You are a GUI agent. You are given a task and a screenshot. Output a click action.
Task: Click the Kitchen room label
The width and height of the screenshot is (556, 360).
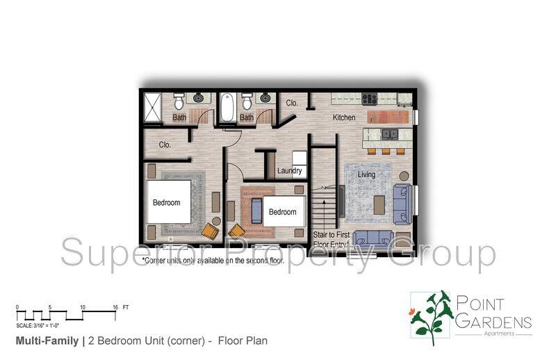(x=344, y=117)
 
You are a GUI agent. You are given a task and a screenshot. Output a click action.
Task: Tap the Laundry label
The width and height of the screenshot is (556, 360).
(x=289, y=171)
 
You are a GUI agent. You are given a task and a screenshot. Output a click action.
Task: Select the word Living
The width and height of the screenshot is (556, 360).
(x=366, y=175)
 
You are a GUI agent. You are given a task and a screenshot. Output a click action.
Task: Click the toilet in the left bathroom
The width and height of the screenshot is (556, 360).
(x=179, y=102)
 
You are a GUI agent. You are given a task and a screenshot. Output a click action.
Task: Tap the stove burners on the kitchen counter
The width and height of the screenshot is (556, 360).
(x=369, y=99)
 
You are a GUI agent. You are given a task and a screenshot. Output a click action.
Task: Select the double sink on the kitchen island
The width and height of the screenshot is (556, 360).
(x=390, y=133)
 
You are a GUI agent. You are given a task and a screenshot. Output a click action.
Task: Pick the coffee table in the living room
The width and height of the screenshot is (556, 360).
(x=379, y=204)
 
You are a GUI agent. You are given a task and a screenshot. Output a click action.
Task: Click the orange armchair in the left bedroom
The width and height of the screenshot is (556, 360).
(x=209, y=230)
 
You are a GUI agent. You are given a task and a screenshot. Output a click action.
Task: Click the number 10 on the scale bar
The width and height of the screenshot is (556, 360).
(x=83, y=306)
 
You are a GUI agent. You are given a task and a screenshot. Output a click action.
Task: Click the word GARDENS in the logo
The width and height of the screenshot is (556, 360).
(x=493, y=322)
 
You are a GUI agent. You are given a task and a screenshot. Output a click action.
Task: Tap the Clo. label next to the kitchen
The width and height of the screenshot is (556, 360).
(x=293, y=103)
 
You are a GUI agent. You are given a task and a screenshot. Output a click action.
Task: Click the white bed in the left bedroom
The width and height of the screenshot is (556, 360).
(x=167, y=202)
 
